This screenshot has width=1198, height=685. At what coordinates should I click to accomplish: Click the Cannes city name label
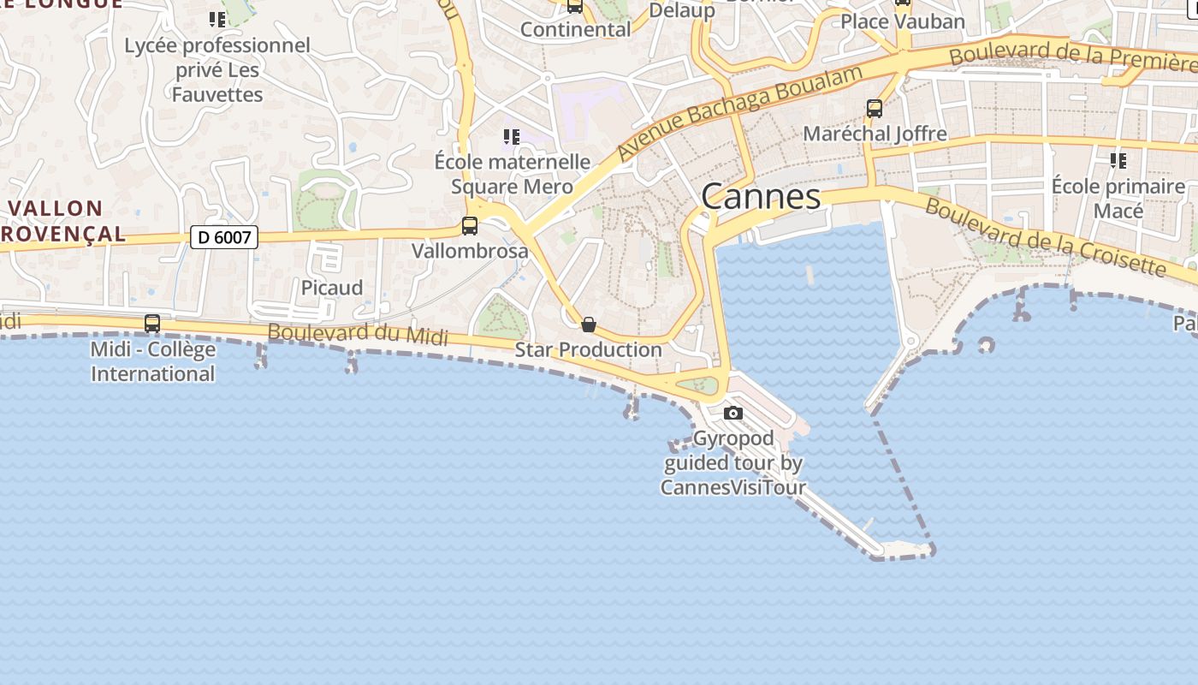(x=761, y=197)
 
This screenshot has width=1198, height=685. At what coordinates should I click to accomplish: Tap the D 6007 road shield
(x=224, y=236)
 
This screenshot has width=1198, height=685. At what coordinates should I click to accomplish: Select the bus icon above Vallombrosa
(x=469, y=226)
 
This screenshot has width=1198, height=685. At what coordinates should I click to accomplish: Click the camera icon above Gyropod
(x=732, y=414)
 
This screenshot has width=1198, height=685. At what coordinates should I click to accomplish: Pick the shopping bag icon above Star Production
(x=589, y=325)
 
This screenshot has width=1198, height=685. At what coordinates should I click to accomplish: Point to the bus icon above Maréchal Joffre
(x=874, y=109)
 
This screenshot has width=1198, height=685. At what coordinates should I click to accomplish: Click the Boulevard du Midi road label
(x=358, y=335)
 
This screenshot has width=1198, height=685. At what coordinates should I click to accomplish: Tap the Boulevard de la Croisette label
(x=1045, y=238)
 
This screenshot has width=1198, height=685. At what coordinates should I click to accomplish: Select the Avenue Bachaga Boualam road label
(x=739, y=111)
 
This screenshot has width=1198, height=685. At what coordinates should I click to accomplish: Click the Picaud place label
(x=332, y=288)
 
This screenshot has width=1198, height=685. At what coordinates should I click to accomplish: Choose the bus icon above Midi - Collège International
(x=152, y=324)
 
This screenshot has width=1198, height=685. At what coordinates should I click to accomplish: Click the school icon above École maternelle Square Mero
(x=512, y=137)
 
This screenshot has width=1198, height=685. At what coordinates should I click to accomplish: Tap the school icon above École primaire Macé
(x=1118, y=160)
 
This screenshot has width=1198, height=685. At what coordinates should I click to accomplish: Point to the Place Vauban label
(x=903, y=21)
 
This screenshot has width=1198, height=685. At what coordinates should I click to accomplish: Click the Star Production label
(x=588, y=349)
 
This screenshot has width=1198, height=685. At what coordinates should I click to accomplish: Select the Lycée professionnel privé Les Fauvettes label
(x=217, y=69)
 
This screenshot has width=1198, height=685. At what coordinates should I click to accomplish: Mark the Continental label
(x=575, y=29)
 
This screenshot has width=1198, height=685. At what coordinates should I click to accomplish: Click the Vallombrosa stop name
(x=470, y=251)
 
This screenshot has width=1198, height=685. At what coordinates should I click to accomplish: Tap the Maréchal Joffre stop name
(x=875, y=134)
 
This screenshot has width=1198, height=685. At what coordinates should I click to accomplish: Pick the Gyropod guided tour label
(x=733, y=463)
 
